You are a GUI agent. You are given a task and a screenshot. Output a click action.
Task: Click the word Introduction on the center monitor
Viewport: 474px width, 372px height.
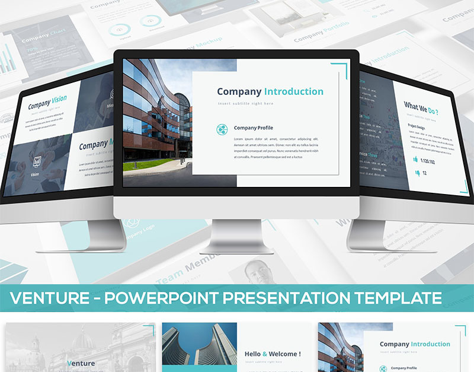(294, 91)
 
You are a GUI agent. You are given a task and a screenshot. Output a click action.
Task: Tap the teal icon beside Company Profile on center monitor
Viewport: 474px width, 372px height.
(222, 129)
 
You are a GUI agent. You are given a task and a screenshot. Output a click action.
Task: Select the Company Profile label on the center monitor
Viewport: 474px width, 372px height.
(253, 128)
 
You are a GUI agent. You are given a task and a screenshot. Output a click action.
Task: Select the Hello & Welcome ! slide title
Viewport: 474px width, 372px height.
(273, 354)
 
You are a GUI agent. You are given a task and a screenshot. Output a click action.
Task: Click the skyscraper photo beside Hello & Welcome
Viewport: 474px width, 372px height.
(199, 347)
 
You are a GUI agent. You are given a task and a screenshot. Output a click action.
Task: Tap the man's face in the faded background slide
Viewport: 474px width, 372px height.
(261, 271)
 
